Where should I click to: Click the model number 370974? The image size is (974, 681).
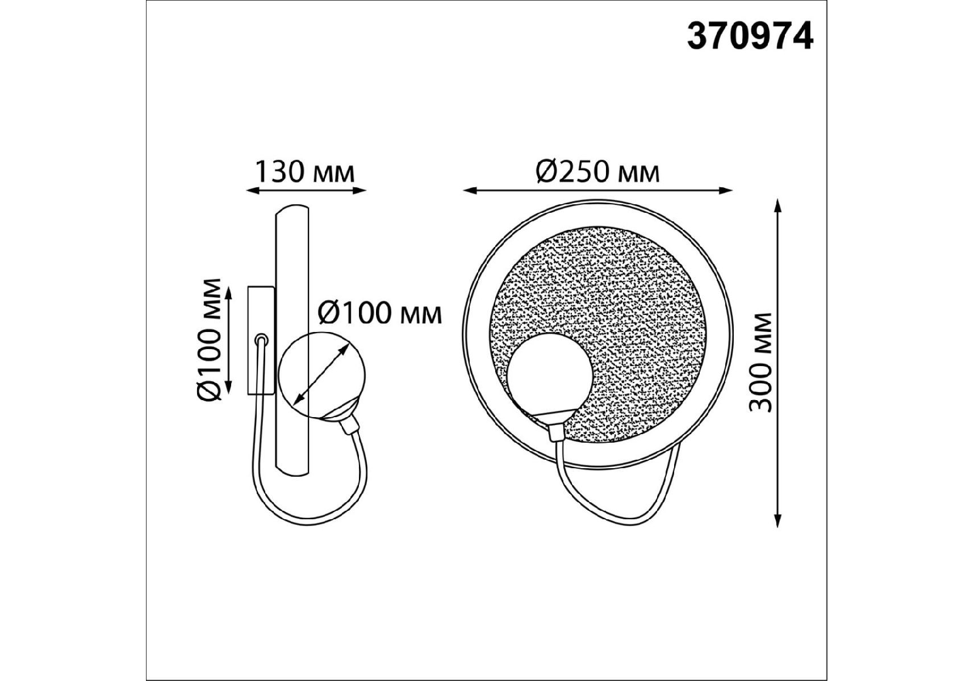750,36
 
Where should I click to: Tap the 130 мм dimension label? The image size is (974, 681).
304,171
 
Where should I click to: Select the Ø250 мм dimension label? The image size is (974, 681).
598,171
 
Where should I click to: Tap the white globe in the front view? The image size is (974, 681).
552,377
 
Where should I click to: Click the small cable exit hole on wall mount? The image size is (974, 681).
261,339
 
